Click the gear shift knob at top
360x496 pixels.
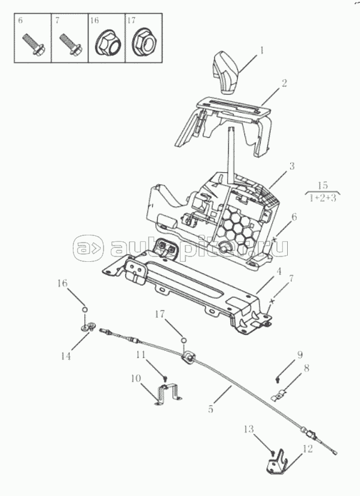click(x=225, y=73)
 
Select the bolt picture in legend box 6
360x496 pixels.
click(x=34, y=46)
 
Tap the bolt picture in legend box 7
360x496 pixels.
click(x=71, y=46)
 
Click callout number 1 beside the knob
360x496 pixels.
click(x=262, y=51)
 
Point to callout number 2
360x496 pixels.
click(x=284, y=83)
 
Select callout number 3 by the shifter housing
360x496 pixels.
click(x=291, y=166)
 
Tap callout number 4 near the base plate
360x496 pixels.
click(x=279, y=271)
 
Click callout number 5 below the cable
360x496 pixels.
click(x=211, y=409)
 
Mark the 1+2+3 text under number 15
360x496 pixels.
click(x=322, y=198)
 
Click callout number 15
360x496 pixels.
click(x=322, y=185)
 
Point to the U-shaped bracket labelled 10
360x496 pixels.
click(x=169, y=392)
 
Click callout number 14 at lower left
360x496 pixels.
click(x=66, y=356)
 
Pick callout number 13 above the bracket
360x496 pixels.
click(x=249, y=429)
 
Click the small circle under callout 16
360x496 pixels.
click(x=84, y=309)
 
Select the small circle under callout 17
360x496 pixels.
click(x=184, y=340)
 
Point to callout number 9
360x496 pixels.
click(x=300, y=355)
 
